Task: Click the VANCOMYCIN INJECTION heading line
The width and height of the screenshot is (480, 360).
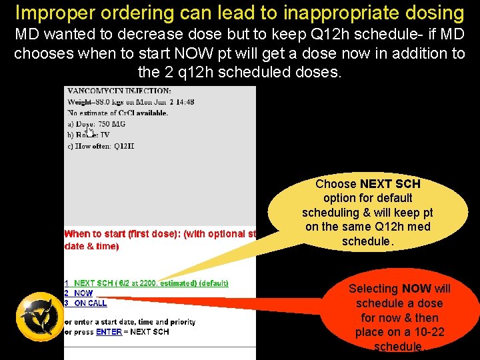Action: pos(119,91)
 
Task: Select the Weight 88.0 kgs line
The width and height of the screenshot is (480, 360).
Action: pos(131,102)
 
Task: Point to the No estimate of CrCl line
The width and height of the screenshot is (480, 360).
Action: pos(117,113)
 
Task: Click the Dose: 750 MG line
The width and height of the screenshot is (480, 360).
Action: pos(97,124)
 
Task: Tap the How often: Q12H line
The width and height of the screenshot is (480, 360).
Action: pos(101,146)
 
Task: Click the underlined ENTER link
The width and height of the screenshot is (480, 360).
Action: pos(109,332)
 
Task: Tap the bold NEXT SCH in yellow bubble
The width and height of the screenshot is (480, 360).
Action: pos(390,184)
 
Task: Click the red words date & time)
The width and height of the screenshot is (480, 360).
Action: pos(91,246)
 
